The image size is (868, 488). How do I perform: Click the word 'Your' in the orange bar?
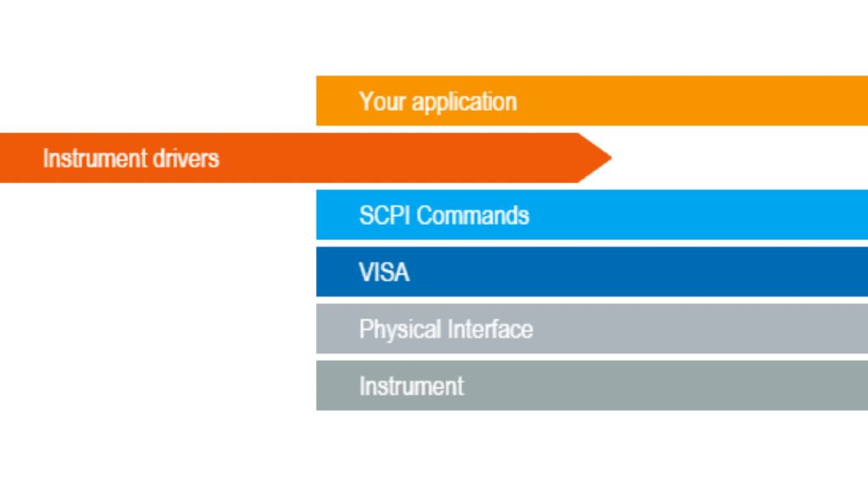coord(379,102)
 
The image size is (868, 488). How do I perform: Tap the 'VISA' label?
coord(383,272)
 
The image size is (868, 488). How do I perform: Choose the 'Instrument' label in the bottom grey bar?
coord(411,386)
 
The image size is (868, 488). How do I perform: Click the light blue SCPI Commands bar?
coord(678,214)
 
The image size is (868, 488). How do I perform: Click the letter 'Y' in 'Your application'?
coord(365,102)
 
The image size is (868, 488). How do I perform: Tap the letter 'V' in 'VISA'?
coord(365,272)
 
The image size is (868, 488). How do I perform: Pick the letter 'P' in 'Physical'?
coord(365,329)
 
